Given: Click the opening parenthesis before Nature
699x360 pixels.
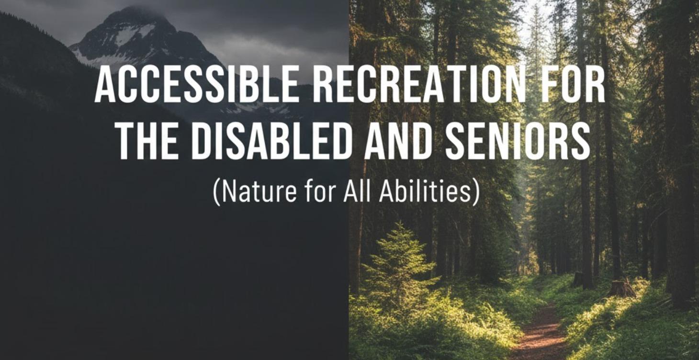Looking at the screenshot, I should point(216,192).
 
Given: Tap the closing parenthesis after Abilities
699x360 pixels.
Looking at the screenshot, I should point(475,192).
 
